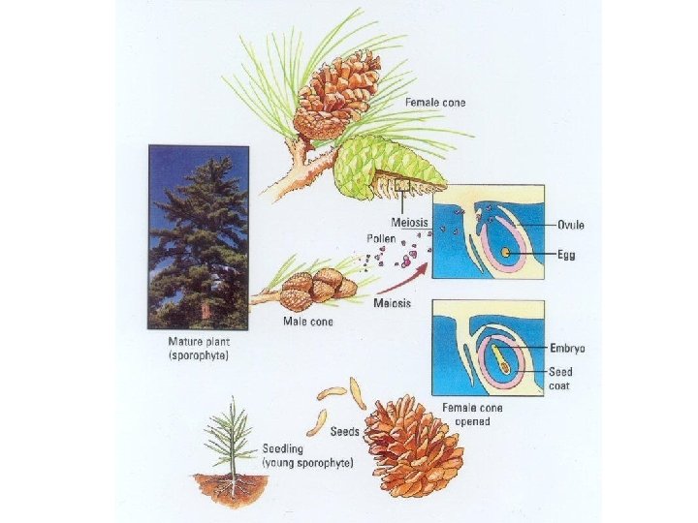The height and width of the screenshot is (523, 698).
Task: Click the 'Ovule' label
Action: coord(570,226)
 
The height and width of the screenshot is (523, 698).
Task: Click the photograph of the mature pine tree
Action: coord(198,237)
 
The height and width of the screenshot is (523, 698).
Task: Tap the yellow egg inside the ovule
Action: coord(506,254)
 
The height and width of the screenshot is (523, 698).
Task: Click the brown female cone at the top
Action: coord(336,94)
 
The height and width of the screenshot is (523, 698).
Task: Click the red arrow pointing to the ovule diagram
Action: coord(399,278)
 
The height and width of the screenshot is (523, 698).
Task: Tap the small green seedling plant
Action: coord(231,441)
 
